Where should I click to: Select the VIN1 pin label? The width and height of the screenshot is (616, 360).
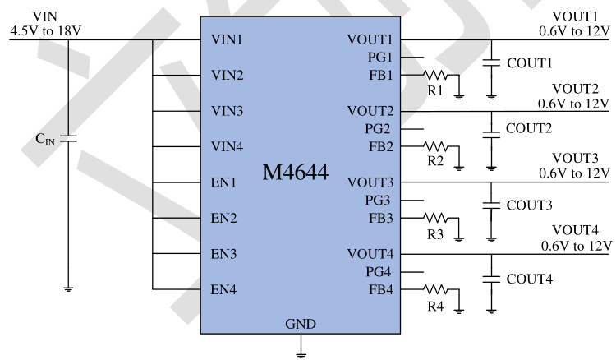pos(228,39)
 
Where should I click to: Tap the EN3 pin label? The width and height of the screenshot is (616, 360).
pos(224,254)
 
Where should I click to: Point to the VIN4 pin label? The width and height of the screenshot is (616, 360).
pos(228,147)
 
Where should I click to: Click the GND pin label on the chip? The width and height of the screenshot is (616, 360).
pos(301,323)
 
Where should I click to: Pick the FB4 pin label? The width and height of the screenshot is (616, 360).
pos(380,289)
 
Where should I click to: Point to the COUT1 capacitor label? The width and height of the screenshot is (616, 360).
pos(530,62)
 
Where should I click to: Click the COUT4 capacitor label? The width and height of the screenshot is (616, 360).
pos(530,279)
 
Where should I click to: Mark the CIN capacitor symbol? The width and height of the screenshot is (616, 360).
pos(69,137)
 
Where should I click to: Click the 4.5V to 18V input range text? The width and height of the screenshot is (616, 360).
pos(46,32)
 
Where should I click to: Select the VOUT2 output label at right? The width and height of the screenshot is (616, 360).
pos(575,89)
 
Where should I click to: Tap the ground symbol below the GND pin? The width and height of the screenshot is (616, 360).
pos(301,354)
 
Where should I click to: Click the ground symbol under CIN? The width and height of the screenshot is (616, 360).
pos(69,288)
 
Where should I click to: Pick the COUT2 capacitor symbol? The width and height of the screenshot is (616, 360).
pos(491,130)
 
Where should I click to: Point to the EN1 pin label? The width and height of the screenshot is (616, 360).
pos(224,182)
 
